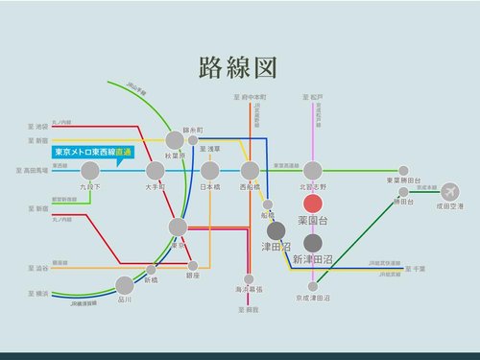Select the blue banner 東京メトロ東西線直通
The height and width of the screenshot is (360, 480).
92,152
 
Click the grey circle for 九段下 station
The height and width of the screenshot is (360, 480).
90,171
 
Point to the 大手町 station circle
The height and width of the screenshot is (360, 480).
156,171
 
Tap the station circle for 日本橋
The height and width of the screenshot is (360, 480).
209,171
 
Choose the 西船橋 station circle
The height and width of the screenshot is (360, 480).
251,171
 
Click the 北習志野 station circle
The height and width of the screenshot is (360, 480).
312,171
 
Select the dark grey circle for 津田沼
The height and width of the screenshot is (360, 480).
276,230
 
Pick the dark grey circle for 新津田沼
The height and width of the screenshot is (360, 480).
312,242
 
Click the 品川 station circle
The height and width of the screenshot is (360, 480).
125,284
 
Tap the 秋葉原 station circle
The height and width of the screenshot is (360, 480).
176,140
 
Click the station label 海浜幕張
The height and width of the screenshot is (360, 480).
251,289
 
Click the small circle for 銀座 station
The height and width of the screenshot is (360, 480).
193,265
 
